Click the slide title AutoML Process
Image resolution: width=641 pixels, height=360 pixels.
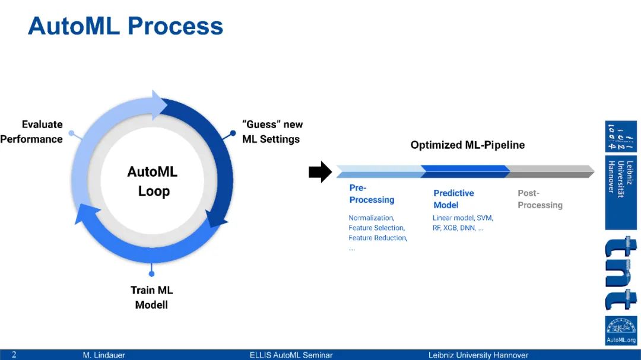click(x=125, y=26)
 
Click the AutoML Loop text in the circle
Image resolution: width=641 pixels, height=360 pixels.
click(x=153, y=181)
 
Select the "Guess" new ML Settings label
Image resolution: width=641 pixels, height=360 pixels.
click(x=272, y=132)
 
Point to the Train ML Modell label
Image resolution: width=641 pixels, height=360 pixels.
click(x=151, y=298)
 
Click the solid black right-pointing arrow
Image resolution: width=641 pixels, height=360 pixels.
click(x=320, y=172)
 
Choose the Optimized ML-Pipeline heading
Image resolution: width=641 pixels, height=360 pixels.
click(x=467, y=145)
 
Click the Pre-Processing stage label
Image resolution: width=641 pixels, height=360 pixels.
click(x=371, y=194)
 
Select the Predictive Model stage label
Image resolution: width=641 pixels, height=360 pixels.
click(x=453, y=199)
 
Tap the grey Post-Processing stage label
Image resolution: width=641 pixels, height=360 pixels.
click(x=540, y=199)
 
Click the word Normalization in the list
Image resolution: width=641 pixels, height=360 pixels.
click(x=371, y=218)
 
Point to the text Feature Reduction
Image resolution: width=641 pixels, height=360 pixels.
click(x=377, y=238)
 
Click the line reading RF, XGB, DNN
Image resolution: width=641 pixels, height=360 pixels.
click(x=458, y=228)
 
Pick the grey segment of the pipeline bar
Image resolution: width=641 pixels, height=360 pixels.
click(x=551, y=171)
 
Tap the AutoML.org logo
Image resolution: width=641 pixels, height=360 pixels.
click(x=621, y=331)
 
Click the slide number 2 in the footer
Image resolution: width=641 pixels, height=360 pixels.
click(x=14, y=355)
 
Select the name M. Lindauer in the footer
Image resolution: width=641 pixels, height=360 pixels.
click(x=104, y=355)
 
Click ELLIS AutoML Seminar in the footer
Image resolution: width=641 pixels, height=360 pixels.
click(x=291, y=355)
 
